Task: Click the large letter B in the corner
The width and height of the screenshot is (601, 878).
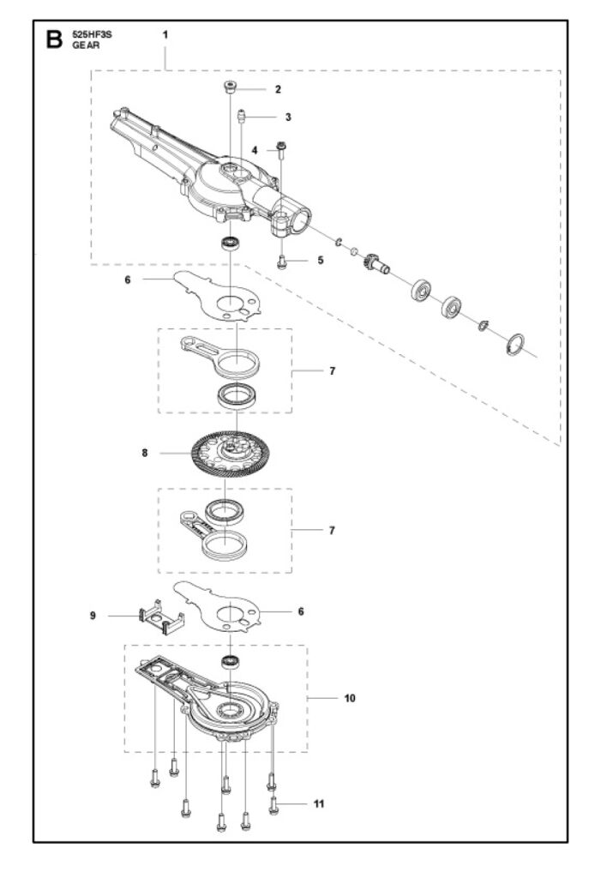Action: (x=54, y=39)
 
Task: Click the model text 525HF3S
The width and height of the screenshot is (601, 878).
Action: (x=92, y=34)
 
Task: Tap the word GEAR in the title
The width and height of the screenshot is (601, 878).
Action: (x=86, y=45)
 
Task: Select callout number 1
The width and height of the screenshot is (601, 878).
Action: (x=165, y=34)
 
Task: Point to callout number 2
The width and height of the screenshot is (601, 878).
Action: (x=278, y=89)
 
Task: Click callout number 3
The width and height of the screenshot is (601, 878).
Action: (x=288, y=117)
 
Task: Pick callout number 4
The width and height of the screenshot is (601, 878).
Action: (x=255, y=151)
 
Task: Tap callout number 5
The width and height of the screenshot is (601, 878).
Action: (x=321, y=261)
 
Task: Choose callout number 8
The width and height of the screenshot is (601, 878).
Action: (x=145, y=453)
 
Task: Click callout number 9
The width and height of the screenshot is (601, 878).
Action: (x=93, y=616)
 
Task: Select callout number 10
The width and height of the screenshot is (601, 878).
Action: (x=350, y=698)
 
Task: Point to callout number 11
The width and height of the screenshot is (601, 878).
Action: (x=319, y=804)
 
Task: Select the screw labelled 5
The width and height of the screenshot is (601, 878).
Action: (x=282, y=262)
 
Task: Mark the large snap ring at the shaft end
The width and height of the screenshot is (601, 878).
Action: (x=515, y=345)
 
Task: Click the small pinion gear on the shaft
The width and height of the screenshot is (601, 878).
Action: (x=375, y=263)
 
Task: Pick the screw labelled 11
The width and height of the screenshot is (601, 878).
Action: (x=273, y=806)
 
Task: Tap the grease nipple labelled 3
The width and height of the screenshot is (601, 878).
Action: (x=242, y=117)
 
